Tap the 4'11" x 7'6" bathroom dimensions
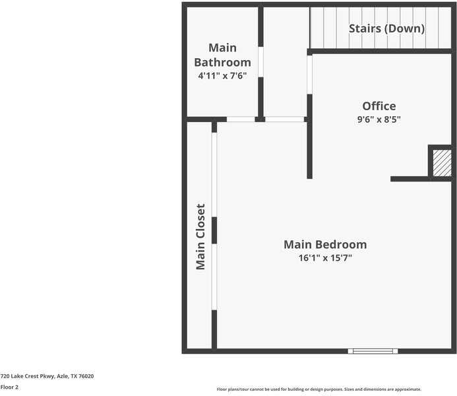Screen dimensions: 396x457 click(222, 76)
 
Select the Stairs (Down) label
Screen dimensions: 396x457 click(386, 28)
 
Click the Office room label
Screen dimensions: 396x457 click(379, 106)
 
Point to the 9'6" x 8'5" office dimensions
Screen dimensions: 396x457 click(379, 120)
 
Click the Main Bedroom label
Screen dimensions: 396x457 click(325, 244)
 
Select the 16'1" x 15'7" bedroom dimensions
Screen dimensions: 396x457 click(325, 258)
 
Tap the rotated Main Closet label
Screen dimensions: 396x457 click(200, 236)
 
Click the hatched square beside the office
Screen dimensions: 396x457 click(442, 163)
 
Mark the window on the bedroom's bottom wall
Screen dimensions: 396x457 click(373, 351)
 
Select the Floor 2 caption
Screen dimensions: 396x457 click(9, 387)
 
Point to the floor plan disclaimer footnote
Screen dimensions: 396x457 click(319, 389)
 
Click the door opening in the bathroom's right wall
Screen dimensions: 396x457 click(260, 61)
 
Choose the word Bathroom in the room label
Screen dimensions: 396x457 click(222, 63)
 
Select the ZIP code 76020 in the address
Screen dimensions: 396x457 click(86, 376)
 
